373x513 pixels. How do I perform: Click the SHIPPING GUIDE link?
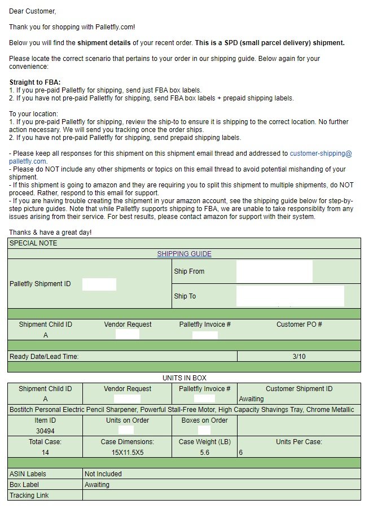184,254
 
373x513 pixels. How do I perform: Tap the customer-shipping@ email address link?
321,153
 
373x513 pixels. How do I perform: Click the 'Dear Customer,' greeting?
33,11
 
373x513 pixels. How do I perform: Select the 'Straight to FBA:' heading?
35,82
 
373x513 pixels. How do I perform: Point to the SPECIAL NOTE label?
33,243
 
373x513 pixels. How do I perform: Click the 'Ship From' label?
189,271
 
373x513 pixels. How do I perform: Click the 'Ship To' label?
185,296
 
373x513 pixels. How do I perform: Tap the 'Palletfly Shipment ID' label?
40,284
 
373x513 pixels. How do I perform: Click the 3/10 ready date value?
299,357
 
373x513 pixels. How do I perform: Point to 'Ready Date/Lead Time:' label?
44,357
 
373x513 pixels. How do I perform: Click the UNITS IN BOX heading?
184,378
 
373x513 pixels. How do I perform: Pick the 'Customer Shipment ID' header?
299,389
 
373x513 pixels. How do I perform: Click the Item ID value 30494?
45,431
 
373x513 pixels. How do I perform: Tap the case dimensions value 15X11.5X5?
128,453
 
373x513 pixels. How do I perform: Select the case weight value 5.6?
204,453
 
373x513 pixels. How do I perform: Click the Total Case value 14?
45,453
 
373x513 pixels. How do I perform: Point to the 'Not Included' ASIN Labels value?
103,474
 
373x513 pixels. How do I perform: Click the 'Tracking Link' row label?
29,496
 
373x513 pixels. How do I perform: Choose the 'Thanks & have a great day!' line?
50,233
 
